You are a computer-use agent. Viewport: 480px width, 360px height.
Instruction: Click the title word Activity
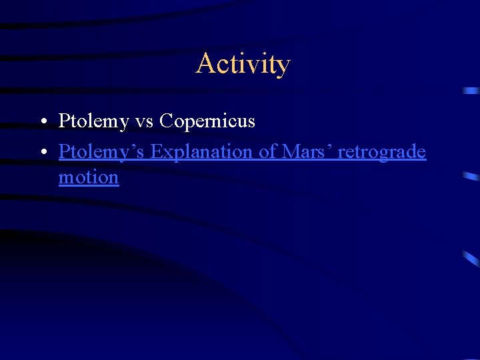tap(243, 64)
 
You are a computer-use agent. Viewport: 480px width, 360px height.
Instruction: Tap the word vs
tap(143, 121)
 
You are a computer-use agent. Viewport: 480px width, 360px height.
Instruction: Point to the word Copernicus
tap(207, 121)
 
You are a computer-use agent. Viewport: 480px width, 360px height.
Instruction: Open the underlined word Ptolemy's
tap(102, 152)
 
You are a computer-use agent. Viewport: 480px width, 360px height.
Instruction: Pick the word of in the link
tap(267, 152)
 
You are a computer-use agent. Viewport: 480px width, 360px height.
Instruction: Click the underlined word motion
tap(89, 178)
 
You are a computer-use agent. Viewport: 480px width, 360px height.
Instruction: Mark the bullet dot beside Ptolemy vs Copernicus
tap(42, 122)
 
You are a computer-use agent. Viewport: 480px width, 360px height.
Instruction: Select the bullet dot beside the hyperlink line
tap(42, 153)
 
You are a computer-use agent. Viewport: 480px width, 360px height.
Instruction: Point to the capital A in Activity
tap(204, 64)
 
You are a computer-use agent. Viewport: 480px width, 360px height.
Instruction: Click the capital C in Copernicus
tap(167, 121)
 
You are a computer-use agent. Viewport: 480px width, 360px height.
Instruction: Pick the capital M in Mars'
tap(291, 152)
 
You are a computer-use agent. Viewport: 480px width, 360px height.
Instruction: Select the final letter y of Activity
tap(283, 67)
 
